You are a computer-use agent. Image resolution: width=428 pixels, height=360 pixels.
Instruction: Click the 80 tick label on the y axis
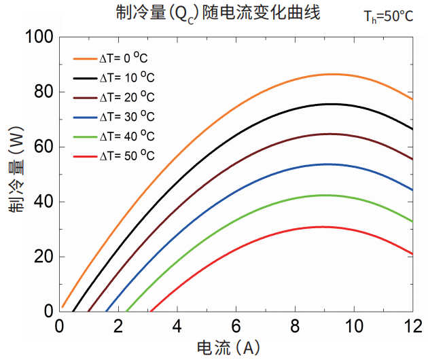(43, 92)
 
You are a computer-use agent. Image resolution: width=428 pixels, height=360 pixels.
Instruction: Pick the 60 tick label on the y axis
(43, 147)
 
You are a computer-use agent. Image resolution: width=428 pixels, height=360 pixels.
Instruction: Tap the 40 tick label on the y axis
(43, 202)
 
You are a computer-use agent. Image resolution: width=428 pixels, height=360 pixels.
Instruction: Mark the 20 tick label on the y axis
(43, 257)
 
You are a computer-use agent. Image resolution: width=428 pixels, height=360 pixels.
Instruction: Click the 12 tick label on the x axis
(412, 325)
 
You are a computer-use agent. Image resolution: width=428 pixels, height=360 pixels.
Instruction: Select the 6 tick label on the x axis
(236, 325)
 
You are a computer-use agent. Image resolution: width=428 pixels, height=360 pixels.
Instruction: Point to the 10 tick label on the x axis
(353, 325)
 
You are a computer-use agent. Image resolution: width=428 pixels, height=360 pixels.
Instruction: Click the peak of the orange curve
(333, 74)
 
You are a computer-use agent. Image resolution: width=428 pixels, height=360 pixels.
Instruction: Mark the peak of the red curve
(324, 227)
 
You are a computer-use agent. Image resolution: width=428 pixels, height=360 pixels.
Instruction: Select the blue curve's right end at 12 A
(412, 190)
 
